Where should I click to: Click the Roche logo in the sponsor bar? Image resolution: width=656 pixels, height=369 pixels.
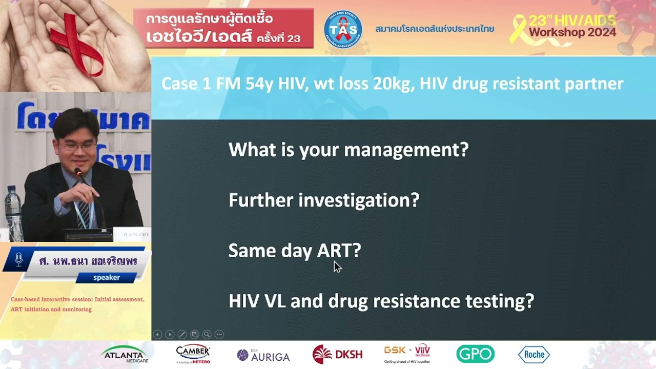[534, 354]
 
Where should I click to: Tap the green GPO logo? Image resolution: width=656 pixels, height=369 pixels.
[475, 354]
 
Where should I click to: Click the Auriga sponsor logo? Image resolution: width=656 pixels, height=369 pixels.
[263, 355]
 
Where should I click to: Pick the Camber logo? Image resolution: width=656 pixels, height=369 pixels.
[193, 353]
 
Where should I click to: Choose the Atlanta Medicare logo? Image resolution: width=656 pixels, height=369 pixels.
[125, 354]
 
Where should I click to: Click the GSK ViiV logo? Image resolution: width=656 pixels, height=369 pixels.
[407, 353]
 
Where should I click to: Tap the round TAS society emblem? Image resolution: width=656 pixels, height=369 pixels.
[343, 29]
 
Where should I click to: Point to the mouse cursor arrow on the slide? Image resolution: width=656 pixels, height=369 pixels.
[337, 266]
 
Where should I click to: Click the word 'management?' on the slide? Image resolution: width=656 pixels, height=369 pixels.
[406, 150]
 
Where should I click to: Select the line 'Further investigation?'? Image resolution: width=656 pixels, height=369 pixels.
[323, 200]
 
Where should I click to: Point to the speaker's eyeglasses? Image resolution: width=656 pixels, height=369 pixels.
[77, 146]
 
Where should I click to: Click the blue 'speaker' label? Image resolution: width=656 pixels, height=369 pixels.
[106, 277]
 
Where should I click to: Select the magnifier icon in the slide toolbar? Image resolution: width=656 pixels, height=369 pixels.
[207, 334]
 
